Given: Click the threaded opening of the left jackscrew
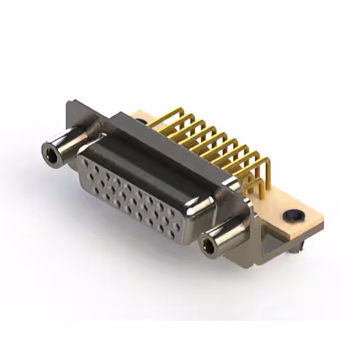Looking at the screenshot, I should click(x=51, y=150).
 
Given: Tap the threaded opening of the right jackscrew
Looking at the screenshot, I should click(x=209, y=245).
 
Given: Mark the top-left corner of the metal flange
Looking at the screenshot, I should click(x=69, y=103).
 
